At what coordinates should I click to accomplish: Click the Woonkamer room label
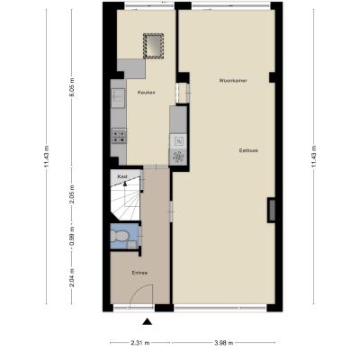click(x=233, y=81)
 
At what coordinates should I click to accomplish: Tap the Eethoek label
click(x=248, y=150)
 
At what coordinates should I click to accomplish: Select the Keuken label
click(x=146, y=93)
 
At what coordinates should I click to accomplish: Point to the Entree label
click(x=139, y=273)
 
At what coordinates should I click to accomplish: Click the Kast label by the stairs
click(x=122, y=176)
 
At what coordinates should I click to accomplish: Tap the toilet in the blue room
click(x=118, y=236)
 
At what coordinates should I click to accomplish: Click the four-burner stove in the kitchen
click(x=119, y=136)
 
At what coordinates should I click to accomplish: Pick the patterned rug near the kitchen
click(x=153, y=46)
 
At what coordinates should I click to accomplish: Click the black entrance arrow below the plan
click(x=147, y=321)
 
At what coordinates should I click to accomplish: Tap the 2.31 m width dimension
click(x=140, y=343)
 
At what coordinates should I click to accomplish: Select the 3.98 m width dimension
click(x=223, y=343)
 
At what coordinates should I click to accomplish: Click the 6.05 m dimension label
click(x=71, y=87)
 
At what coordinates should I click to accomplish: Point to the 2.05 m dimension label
click(x=71, y=193)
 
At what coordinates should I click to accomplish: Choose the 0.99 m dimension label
click(x=71, y=236)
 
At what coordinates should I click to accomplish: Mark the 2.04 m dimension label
click(x=71, y=277)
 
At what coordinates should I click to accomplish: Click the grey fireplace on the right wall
click(x=272, y=210)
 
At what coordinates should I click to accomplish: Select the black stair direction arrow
click(x=125, y=183)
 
